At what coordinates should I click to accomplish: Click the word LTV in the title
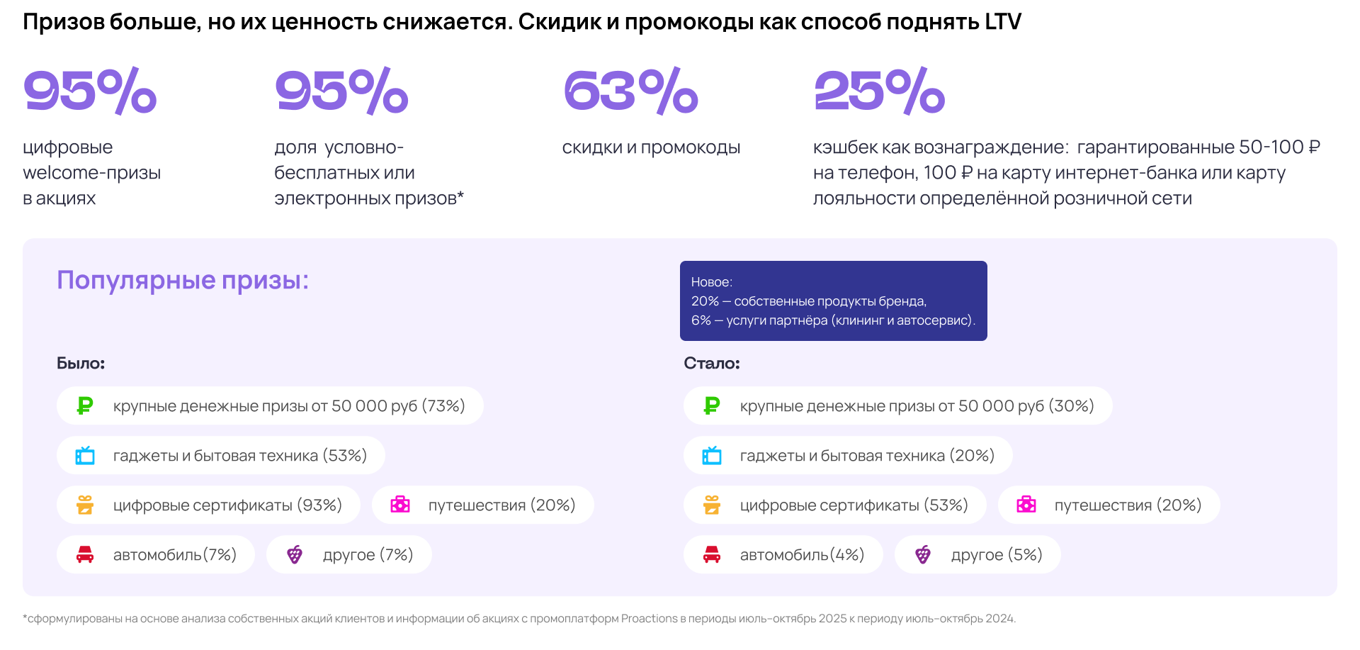(1002, 22)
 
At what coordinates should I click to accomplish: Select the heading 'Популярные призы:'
(183, 280)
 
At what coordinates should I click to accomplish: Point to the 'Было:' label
(81, 363)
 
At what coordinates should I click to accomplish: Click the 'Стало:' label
(711, 363)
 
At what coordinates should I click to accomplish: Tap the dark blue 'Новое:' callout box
(833, 301)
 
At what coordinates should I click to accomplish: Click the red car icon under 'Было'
(85, 554)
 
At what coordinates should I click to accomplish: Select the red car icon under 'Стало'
(712, 554)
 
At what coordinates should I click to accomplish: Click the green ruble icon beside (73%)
(85, 405)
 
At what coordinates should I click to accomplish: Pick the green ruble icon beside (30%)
(712, 405)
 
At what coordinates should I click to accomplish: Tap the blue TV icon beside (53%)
(85, 455)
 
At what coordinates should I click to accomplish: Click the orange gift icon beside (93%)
(85, 505)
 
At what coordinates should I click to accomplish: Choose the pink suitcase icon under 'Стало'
(1026, 505)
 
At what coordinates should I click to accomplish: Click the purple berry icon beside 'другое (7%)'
(295, 554)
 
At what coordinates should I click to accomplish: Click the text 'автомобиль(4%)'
(802, 555)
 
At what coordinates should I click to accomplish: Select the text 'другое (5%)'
(997, 555)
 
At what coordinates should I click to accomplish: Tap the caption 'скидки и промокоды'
(651, 147)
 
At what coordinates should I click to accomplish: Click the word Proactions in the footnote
(650, 618)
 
